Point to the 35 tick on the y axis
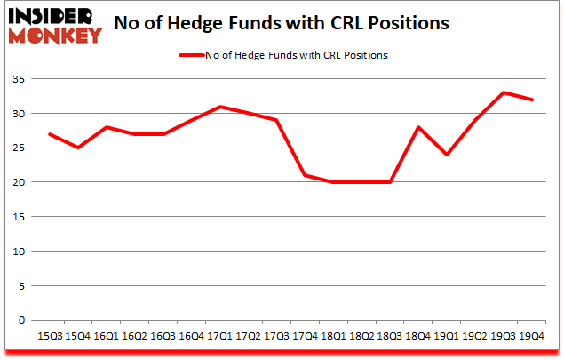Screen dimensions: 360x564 (19, 79)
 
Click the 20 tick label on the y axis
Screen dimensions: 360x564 (19, 182)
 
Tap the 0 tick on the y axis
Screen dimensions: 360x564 (22, 320)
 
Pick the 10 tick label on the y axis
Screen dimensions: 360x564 (19, 252)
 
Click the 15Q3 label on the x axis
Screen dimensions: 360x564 (50, 337)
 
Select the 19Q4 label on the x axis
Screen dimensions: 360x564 (532, 337)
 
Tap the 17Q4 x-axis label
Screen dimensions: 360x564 (305, 337)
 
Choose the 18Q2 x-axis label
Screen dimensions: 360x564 (361, 337)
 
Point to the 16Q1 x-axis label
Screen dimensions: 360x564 (107, 337)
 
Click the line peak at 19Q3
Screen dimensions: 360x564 (504, 92)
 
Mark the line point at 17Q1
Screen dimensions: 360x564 (220, 107)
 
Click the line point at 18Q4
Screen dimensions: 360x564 (418, 127)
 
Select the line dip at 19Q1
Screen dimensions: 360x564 (447, 155)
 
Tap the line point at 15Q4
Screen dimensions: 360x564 (78, 148)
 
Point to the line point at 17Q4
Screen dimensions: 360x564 (305, 175)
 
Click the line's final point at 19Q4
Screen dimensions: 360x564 (532, 100)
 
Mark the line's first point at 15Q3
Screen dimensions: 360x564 (50, 134)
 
